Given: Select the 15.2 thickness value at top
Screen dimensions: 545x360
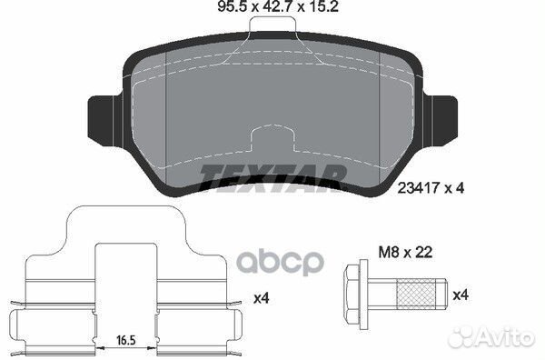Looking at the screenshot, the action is pyautogui.click(x=322, y=7).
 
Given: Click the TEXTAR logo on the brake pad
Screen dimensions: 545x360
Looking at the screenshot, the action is pyautogui.click(x=273, y=178).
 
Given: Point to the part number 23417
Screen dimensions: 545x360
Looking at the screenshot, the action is pyautogui.click(x=418, y=188).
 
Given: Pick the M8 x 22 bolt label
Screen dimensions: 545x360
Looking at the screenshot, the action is pyautogui.click(x=405, y=252).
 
